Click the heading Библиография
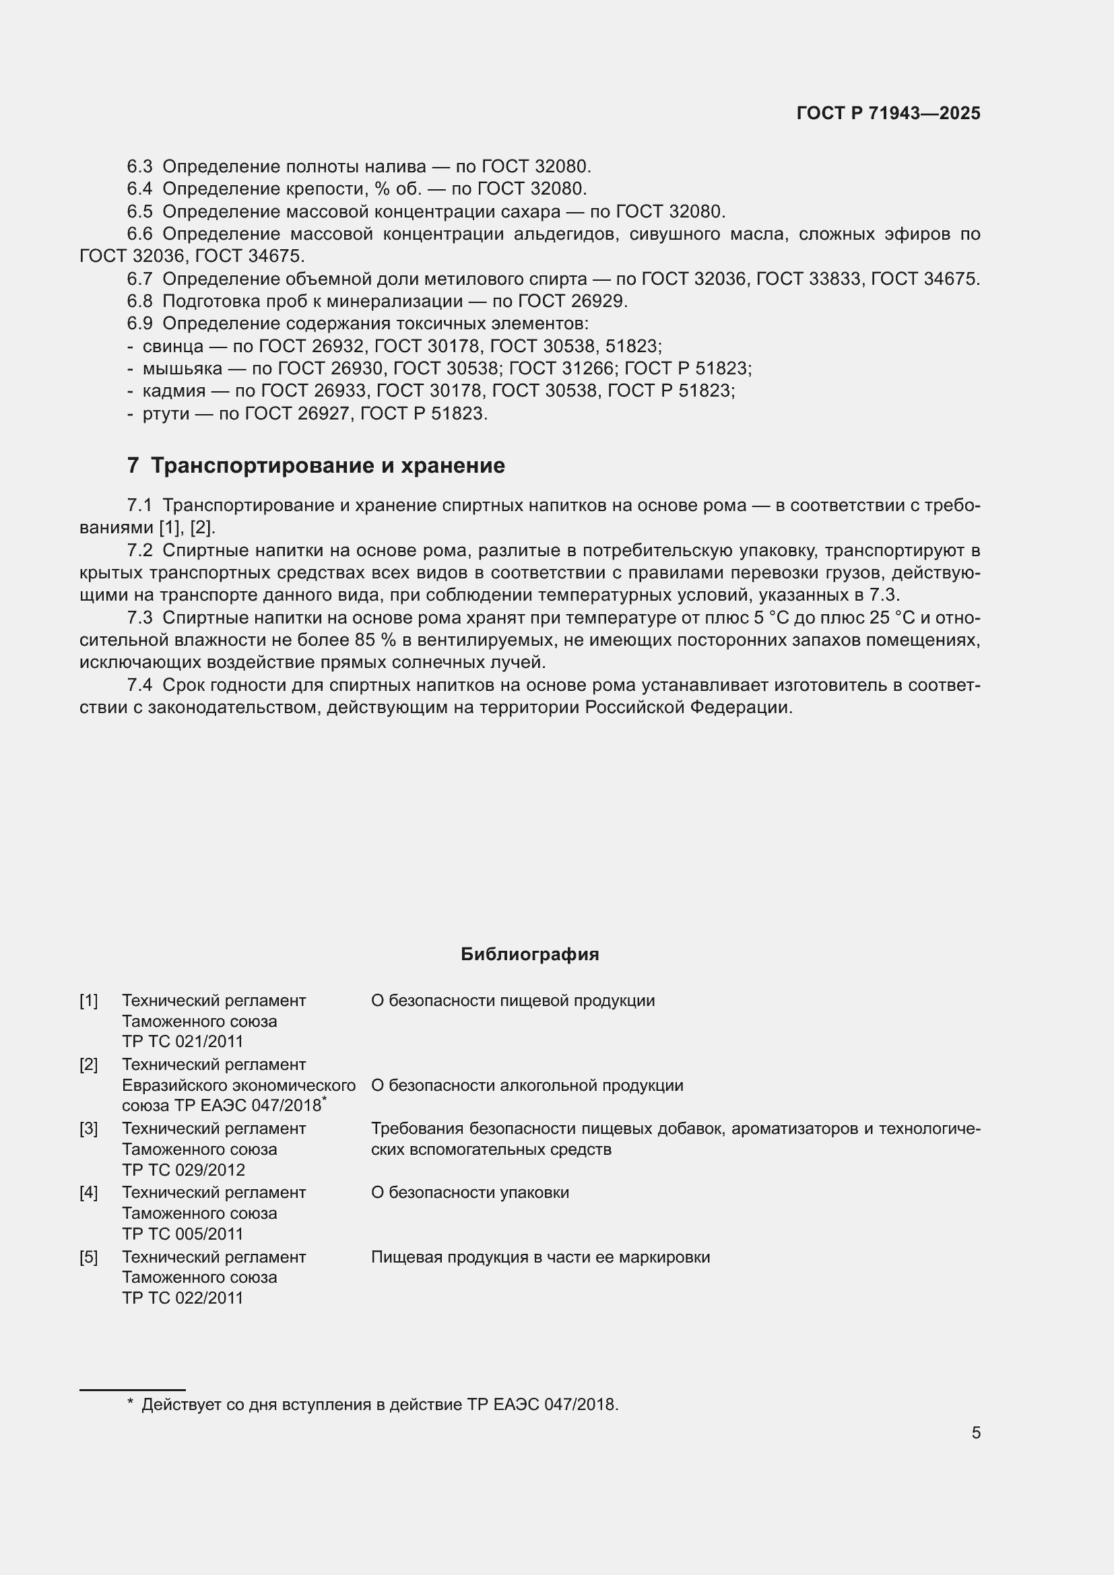529,954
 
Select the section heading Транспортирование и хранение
327,466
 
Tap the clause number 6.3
139,167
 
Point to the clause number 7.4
139,685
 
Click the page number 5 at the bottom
975,1433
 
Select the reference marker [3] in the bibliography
88,1129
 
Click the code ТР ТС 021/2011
183,1041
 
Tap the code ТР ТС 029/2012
183,1170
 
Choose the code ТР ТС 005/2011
183,1234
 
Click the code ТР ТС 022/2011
183,1298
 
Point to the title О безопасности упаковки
470,1193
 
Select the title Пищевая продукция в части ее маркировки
540,1256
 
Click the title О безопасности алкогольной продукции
527,1085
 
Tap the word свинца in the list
173,346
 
